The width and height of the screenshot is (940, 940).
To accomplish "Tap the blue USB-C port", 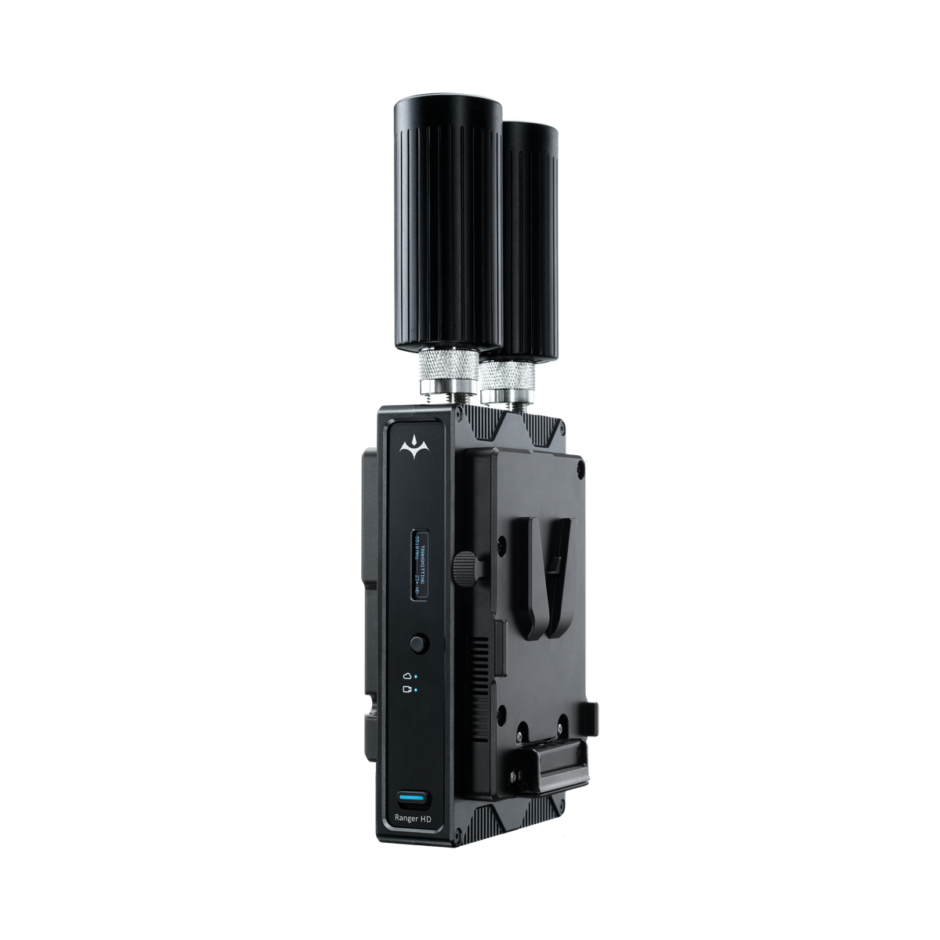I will [412, 800].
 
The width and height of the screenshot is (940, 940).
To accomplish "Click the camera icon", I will [407, 689].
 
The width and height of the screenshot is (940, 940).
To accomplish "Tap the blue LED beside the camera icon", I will [416, 690].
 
